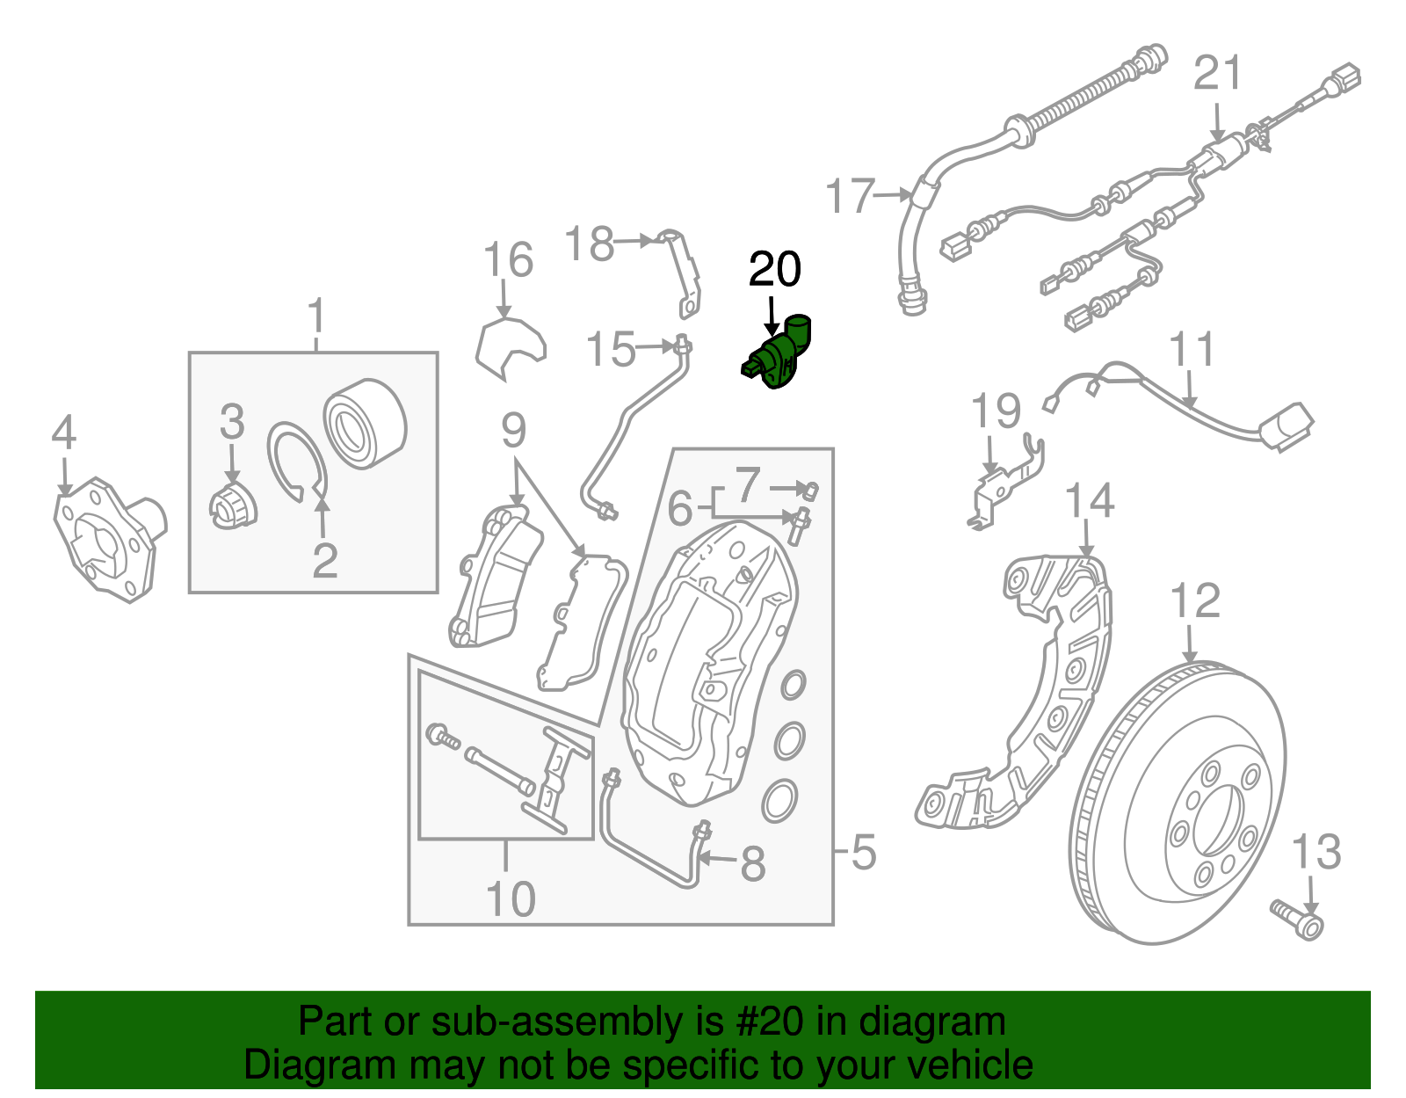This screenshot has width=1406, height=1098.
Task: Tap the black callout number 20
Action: [774, 270]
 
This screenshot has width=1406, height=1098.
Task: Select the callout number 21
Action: [1218, 73]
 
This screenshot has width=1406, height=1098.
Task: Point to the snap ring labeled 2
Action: [297, 462]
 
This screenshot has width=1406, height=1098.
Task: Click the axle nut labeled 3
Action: [234, 508]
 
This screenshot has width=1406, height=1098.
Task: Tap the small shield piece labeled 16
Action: [509, 349]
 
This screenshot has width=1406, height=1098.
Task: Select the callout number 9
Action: [513, 431]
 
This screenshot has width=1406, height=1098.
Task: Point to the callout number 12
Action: [1195, 601]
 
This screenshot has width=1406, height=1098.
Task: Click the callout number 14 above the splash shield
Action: [1089, 501]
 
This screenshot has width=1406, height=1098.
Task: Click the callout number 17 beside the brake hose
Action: [851, 196]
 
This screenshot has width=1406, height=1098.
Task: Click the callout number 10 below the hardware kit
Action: [510, 898]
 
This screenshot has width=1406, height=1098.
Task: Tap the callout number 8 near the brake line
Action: [752, 863]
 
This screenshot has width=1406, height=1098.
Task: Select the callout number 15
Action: [610, 349]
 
